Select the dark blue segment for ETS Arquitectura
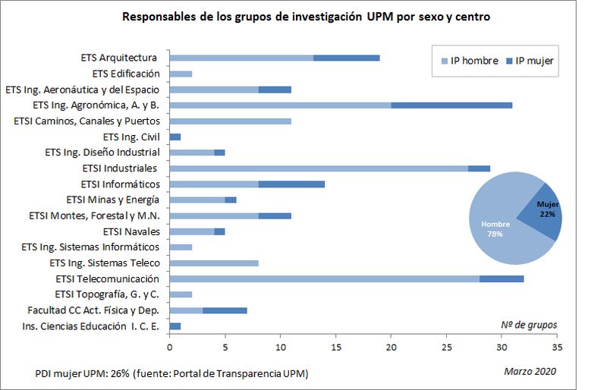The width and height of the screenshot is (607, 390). point(346,58)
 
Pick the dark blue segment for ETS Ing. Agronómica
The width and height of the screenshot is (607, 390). point(451,105)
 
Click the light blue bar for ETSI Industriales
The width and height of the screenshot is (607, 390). point(319,168)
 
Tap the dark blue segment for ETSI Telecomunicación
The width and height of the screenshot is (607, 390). point(502,279)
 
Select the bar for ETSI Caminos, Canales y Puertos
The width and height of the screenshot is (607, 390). point(230,121)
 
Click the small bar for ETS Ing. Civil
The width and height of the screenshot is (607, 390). point(175,137)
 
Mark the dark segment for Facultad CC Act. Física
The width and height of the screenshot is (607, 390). point(225,310)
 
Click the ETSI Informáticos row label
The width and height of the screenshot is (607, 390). point(120,184)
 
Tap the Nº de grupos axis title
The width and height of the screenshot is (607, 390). point(529,325)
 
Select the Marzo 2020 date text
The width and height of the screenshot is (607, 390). point(530,371)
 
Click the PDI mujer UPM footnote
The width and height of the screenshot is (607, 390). point(171,374)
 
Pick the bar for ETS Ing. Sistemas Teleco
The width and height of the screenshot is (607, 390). point(214,263)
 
